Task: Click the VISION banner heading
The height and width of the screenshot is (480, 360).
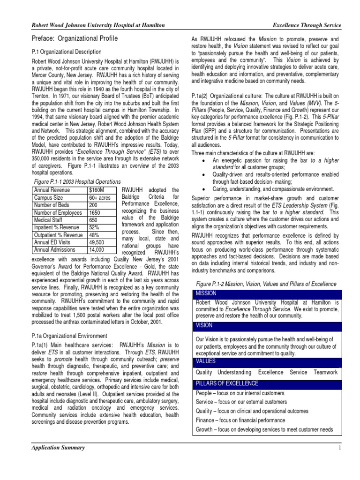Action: point(204,325)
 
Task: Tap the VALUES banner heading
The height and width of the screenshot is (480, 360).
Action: point(205,361)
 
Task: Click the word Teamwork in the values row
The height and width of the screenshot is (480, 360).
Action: point(325,372)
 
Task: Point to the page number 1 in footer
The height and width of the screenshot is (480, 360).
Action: point(338,448)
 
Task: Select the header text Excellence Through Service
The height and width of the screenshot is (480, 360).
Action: point(307,24)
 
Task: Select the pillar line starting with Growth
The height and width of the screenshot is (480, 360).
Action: point(264,429)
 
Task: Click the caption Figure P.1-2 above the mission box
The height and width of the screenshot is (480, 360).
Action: point(266,284)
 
